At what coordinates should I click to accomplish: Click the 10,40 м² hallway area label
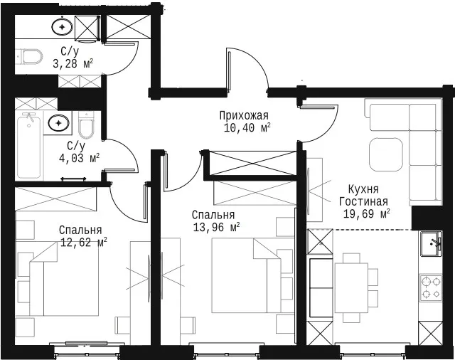click(247, 128)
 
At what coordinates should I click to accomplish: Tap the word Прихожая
click(244, 115)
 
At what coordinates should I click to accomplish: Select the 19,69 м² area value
click(366, 214)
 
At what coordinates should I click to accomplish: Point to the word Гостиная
click(363, 201)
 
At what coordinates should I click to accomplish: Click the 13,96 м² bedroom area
click(216, 228)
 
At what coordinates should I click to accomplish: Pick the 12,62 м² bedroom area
click(84, 242)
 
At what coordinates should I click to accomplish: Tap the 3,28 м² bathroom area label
click(73, 63)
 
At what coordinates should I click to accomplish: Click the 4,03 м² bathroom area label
click(79, 159)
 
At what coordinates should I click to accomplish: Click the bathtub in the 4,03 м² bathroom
click(28, 145)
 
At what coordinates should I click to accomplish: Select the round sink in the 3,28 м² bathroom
click(62, 27)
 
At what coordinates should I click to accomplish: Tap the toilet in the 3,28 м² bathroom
click(30, 56)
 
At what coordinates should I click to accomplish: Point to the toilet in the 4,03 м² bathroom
click(86, 125)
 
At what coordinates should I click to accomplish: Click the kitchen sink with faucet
click(432, 244)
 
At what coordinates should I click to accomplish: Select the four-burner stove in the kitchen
click(431, 288)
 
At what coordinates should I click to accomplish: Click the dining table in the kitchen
click(351, 287)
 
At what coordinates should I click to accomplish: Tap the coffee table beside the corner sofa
click(385, 154)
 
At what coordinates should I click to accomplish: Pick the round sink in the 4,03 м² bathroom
click(58, 123)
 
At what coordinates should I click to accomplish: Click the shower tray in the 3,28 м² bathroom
click(87, 28)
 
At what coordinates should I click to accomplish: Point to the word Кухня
click(363, 189)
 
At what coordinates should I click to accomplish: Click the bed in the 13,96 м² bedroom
click(239, 275)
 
